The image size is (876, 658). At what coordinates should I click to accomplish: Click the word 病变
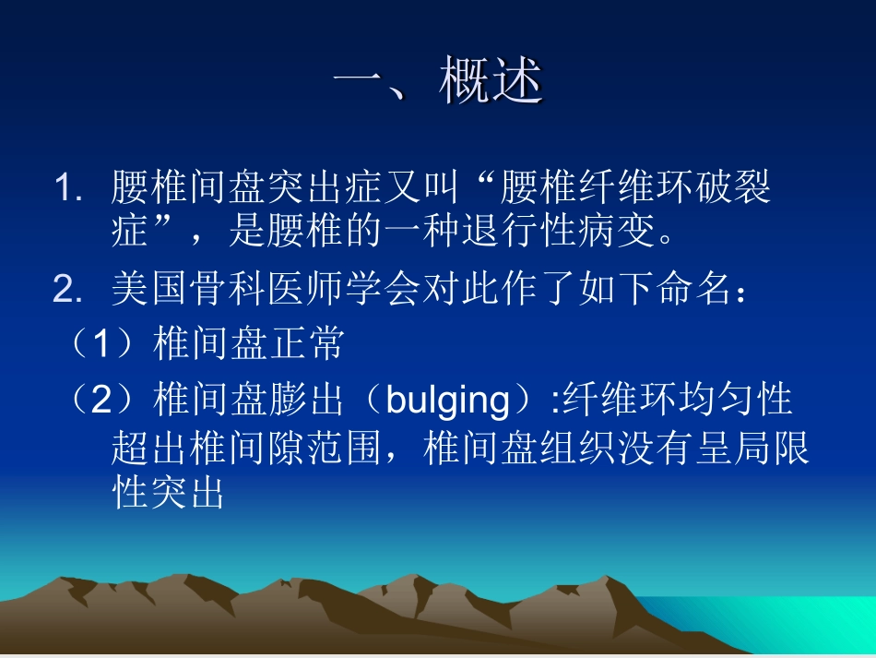pyautogui.click(x=634, y=232)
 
